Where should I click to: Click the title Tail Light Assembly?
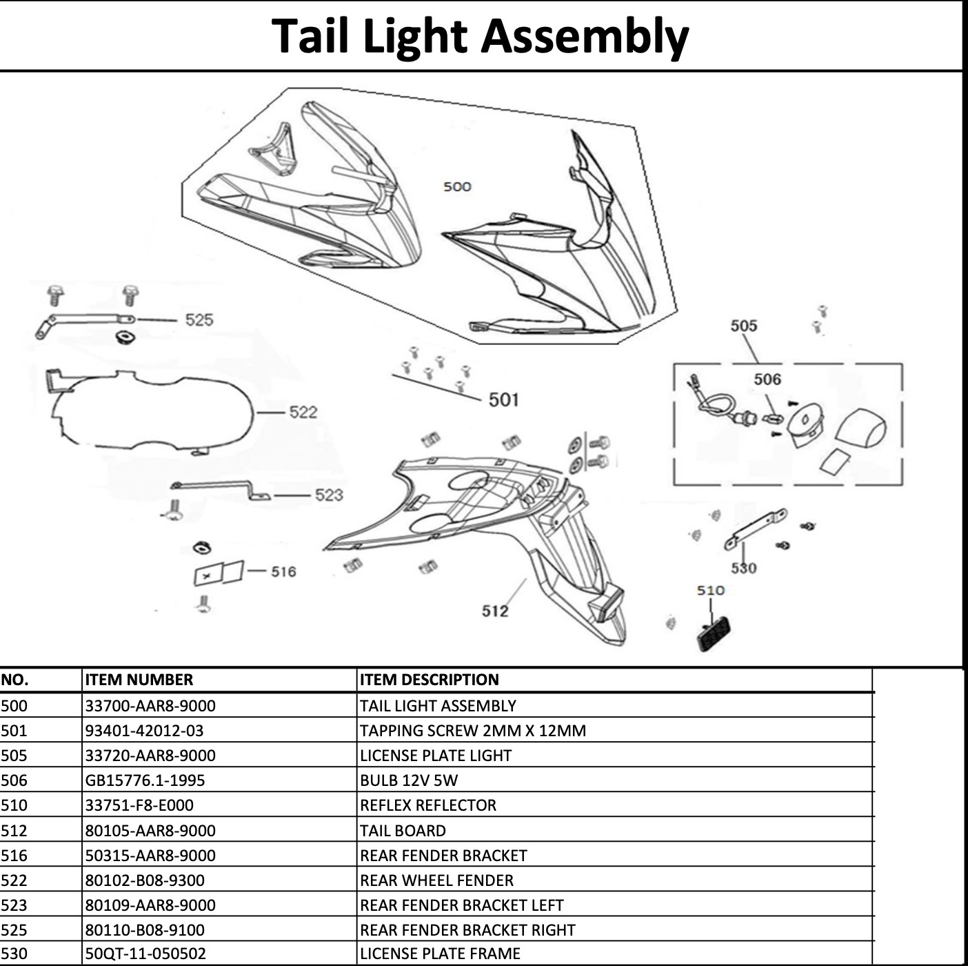[480, 36]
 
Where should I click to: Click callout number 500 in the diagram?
[457, 186]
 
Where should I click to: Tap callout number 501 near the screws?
[503, 400]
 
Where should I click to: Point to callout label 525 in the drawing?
[199, 319]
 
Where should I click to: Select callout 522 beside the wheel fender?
[303, 412]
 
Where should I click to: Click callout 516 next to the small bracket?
[283, 571]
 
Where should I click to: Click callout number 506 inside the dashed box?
[767, 379]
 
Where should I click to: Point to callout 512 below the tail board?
[495, 611]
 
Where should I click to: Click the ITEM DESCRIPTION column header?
[429, 680]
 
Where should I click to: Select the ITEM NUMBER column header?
[139, 680]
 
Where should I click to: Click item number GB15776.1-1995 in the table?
[145, 780]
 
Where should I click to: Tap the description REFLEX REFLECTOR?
[427, 805]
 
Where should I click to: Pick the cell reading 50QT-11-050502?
[145, 954]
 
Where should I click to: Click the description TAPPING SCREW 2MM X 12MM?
[472, 731]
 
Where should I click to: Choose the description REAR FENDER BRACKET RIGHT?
[467, 930]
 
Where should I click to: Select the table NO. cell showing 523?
[14, 905]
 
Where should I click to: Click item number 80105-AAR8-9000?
[150, 831]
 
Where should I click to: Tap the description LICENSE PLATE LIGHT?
[435, 756]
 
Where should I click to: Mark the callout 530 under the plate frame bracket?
[744, 568]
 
